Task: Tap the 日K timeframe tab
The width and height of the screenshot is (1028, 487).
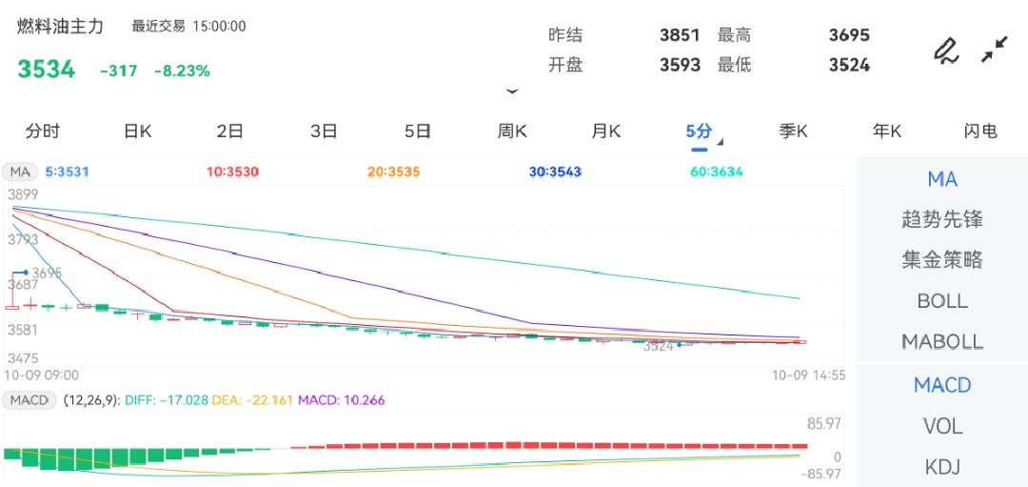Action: click(x=138, y=132)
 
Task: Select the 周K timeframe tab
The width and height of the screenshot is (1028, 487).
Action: click(x=512, y=132)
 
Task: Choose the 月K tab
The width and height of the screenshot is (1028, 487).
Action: click(x=605, y=132)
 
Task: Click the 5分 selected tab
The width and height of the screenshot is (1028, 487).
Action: click(x=699, y=132)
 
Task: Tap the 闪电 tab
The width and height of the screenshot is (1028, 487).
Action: click(x=980, y=132)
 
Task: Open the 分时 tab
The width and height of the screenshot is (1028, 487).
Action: click(x=43, y=132)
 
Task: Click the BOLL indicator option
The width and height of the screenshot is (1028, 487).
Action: click(x=942, y=301)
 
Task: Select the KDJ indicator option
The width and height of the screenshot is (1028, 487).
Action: click(x=942, y=467)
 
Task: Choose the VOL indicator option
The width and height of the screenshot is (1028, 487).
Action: click(x=942, y=426)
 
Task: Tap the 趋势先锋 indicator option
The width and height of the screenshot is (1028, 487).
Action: click(x=942, y=219)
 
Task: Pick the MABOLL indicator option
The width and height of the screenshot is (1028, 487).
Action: click(x=942, y=341)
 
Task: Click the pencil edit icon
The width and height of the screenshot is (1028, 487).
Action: click(x=945, y=50)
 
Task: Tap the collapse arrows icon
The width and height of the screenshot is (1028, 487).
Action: click(x=995, y=50)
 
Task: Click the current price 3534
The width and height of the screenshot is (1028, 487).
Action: click(x=46, y=70)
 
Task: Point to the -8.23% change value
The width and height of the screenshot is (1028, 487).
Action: click(x=182, y=71)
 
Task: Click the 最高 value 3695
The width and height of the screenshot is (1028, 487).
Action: click(x=849, y=35)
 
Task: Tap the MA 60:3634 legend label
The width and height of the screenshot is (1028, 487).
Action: click(x=717, y=172)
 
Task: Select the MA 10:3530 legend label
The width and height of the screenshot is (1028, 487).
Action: click(x=232, y=172)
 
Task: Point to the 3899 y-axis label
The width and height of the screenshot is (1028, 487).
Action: click(x=23, y=194)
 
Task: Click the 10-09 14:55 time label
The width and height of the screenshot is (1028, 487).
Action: click(x=809, y=375)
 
